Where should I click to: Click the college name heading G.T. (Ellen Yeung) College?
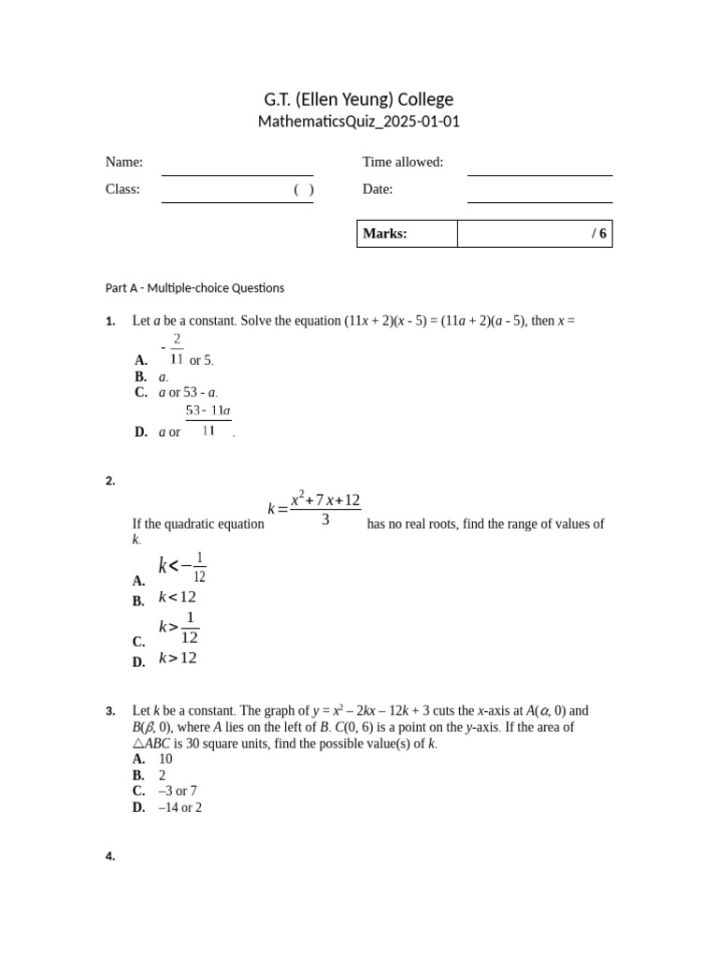point(359,99)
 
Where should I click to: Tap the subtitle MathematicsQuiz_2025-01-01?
point(359,122)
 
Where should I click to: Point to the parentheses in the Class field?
point(303,190)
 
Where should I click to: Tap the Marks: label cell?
point(407,234)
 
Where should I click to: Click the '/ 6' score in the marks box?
point(598,234)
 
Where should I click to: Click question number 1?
point(110,322)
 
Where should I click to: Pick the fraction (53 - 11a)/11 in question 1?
point(208,421)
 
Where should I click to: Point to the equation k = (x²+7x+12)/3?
point(314,509)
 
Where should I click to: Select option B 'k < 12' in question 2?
point(178,598)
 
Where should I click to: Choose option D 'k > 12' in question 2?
point(178,659)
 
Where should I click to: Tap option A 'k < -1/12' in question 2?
point(182,566)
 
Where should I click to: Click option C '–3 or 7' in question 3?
point(178,791)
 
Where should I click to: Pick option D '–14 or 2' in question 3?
point(180,807)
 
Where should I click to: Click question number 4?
point(110,856)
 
